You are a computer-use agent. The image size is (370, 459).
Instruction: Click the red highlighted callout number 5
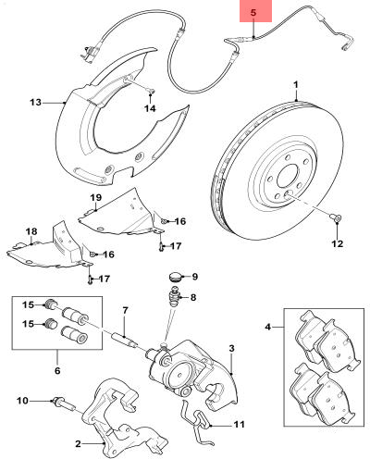coord(252,12)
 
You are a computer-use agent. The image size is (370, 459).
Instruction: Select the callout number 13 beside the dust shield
coord(35,102)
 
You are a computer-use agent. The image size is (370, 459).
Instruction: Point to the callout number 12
coord(337,244)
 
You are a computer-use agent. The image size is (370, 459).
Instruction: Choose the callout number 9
coord(195,276)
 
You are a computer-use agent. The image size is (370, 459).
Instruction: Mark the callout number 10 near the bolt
coord(21,400)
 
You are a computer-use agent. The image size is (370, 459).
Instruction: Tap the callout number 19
coord(94,198)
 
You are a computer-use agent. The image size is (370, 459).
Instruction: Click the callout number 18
coord(31,230)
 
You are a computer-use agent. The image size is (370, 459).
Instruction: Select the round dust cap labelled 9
coord(176,276)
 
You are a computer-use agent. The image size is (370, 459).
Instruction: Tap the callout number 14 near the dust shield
coord(149,108)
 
